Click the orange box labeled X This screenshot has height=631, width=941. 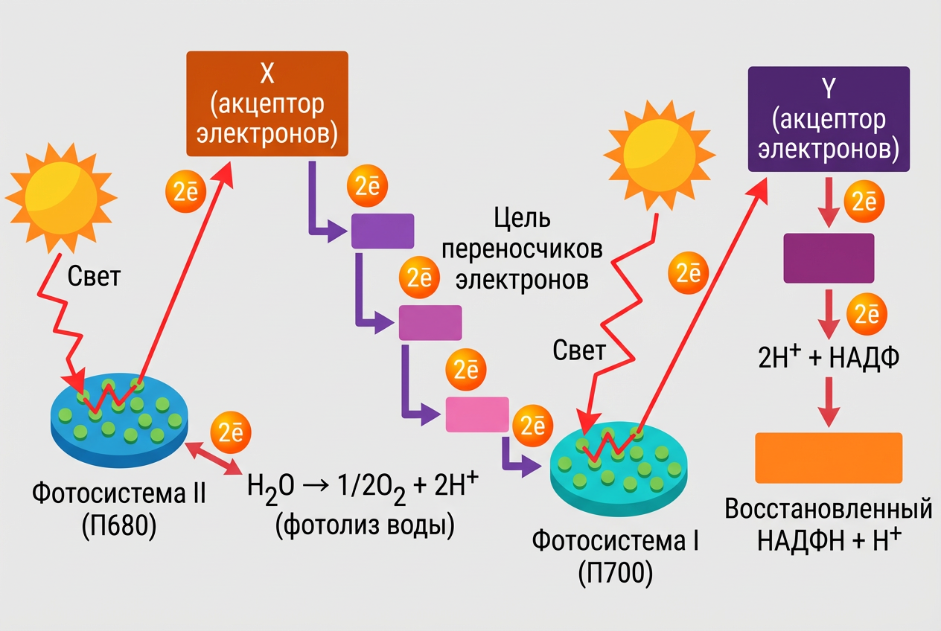click(267, 103)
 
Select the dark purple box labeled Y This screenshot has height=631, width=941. click(828, 119)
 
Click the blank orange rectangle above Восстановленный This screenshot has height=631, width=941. click(829, 458)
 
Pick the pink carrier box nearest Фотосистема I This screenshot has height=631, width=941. click(477, 414)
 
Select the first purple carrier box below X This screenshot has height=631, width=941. click(382, 231)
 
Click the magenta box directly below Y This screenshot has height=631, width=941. click(829, 258)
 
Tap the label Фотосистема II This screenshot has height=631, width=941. click(119, 493)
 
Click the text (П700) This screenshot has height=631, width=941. click(614, 574)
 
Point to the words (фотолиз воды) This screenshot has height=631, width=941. click(365, 525)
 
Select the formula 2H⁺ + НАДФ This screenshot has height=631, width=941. click(829, 358)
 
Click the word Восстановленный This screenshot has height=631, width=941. click(829, 510)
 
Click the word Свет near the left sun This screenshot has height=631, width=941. click(94, 277)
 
